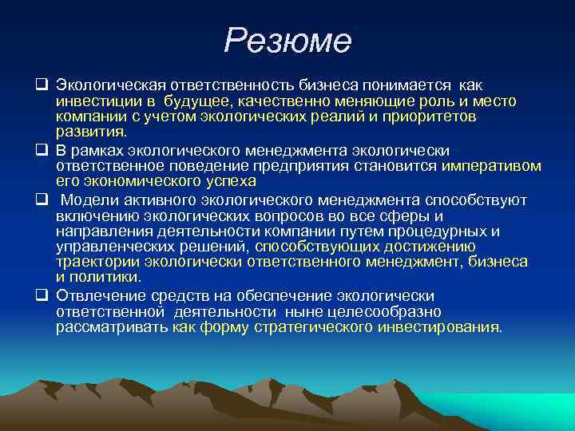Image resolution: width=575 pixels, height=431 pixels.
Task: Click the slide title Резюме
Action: [287, 41]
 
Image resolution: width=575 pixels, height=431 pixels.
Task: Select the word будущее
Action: [197, 101]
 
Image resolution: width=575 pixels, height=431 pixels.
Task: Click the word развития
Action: [90, 132]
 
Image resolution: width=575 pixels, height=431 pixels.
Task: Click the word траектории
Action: [93, 262]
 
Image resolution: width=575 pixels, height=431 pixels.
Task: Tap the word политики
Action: [104, 277]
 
